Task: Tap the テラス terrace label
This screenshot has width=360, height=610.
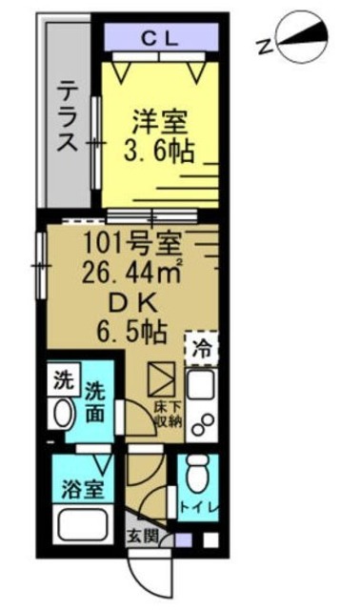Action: [x=67, y=116]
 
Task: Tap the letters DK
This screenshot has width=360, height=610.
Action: [x=130, y=303]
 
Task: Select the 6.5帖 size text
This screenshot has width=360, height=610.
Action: [x=130, y=333]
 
